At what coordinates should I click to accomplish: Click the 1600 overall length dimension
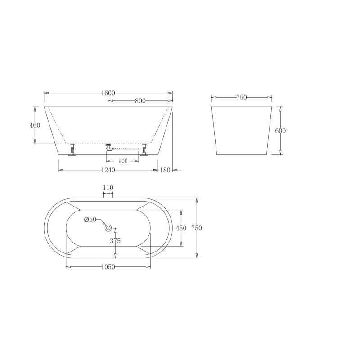(x=108, y=93)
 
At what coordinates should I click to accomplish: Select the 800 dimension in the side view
(x=140, y=101)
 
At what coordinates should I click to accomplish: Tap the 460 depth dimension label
(x=35, y=126)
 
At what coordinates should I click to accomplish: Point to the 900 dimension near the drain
(x=123, y=161)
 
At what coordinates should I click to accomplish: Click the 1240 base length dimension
(x=108, y=170)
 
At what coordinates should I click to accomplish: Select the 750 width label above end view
(x=242, y=97)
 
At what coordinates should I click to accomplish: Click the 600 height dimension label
(x=280, y=131)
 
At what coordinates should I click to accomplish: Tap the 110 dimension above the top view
(x=108, y=188)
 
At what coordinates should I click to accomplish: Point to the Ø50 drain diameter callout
(x=90, y=220)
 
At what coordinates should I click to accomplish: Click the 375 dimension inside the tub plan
(x=115, y=241)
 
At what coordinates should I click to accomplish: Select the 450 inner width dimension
(x=181, y=228)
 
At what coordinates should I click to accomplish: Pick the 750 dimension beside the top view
(x=197, y=228)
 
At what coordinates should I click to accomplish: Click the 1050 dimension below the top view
(x=108, y=267)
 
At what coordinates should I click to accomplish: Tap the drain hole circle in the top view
(x=108, y=228)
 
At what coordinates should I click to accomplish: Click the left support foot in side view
(x=72, y=149)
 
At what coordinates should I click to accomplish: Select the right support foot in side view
(x=144, y=149)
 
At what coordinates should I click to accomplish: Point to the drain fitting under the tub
(x=108, y=146)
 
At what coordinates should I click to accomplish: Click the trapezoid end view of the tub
(x=242, y=130)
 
